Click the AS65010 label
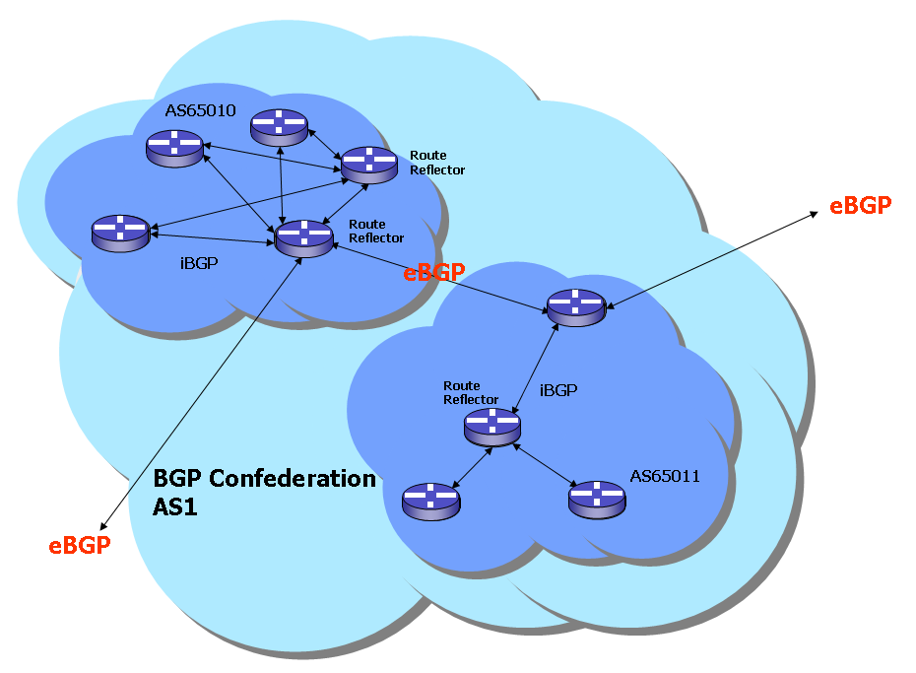click(x=200, y=110)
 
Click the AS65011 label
click(x=665, y=476)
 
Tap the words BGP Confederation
click(x=265, y=480)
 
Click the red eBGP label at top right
click(x=860, y=205)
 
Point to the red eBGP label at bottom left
click(x=80, y=545)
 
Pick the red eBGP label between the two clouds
click(x=433, y=273)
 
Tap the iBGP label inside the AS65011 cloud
click(x=558, y=390)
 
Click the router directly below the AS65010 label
click(x=174, y=148)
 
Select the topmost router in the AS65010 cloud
click(x=279, y=127)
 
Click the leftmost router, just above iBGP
click(x=120, y=233)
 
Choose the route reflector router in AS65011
click(x=491, y=426)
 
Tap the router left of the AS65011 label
click(x=597, y=499)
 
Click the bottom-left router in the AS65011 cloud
click(x=430, y=501)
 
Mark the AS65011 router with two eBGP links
click(x=574, y=306)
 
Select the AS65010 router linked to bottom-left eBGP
click(x=303, y=238)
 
